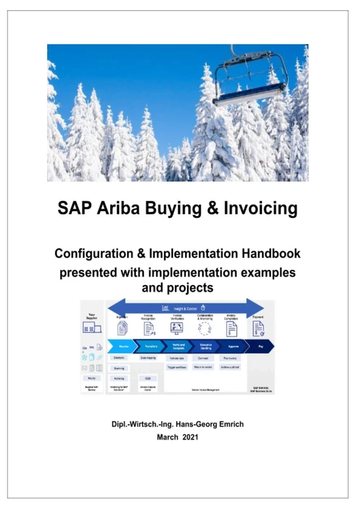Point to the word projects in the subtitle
[190, 288]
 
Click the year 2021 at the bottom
[190, 437]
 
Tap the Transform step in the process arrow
[151, 347]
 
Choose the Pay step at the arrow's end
[261, 347]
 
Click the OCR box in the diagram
[147, 378]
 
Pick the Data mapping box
[148, 358]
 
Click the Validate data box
[177, 358]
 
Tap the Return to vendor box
[203, 368]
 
